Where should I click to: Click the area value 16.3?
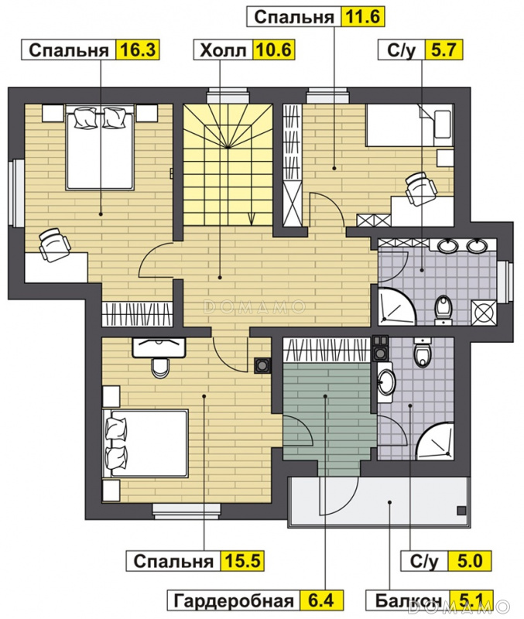[138, 50]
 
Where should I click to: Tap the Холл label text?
[223, 50]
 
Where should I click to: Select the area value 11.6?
[362, 17]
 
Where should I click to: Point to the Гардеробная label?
[234, 601]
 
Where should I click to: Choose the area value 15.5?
[242, 560]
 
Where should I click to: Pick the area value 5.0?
[470, 560]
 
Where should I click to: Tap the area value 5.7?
[444, 50]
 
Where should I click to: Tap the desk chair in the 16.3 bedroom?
[54, 244]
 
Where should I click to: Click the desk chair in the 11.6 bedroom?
[420, 187]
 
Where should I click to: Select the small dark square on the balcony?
[461, 511]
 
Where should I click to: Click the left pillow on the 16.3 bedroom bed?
[86, 118]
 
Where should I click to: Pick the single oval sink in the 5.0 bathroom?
[386, 381]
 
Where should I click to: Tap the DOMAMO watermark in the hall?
[255, 306]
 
